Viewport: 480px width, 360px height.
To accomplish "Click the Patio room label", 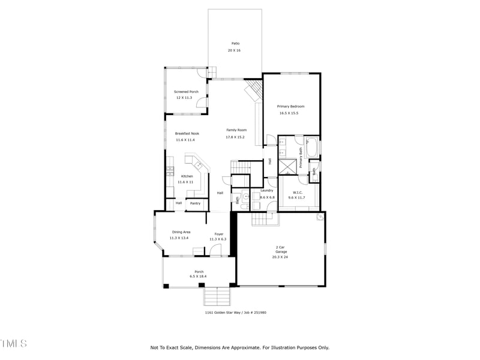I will coord(235,43).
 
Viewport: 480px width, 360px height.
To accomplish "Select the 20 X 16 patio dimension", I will coord(234,50).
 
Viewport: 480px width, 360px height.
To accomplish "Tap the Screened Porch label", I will coord(186,92).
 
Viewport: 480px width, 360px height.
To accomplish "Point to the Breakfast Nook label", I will coord(187,133).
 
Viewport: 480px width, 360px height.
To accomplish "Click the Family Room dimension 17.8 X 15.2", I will coord(235,137).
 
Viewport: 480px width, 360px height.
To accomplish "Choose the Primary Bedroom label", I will coord(290,106).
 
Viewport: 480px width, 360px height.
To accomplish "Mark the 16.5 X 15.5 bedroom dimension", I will coord(289,113).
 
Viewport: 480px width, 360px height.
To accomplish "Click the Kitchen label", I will coord(187,176).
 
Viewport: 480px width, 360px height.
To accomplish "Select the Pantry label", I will coord(196,203).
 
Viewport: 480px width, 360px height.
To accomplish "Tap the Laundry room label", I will coord(267,190).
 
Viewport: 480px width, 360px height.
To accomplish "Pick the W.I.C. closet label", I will coord(296,191).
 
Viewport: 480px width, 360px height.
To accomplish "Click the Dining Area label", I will coord(181,232).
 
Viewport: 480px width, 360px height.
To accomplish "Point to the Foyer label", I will coord(218,233).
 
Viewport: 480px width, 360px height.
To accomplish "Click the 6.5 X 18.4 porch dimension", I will coord(199,277).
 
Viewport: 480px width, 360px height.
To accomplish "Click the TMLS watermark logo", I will coord(13,343).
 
